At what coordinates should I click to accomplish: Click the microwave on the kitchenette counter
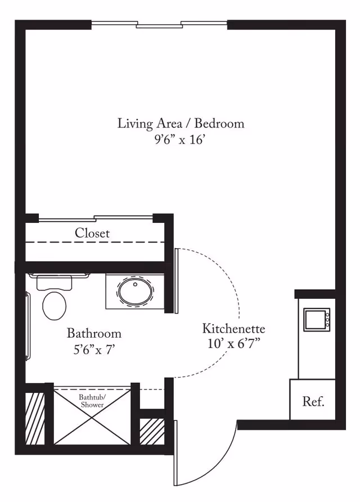pos(317,319)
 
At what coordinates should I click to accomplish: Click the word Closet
pos(92,233)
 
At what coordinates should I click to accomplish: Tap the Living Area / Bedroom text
pos(181,123)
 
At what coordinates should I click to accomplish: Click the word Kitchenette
pos(233,329)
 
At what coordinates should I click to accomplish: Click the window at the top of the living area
pos(160,24)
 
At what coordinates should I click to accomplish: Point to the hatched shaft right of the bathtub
pos(151,431)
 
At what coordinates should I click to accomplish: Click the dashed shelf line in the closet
pos(96,243)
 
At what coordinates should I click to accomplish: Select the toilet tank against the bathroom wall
pos(55,283)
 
